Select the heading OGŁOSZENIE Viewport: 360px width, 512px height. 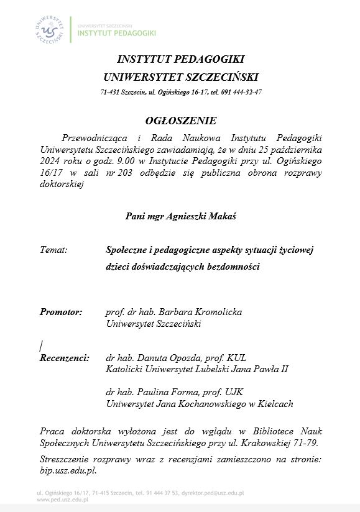click(180, 121)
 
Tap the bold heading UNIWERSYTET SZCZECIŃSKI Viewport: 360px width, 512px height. click(180, 77)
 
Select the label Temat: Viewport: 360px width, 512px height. click(53, 250)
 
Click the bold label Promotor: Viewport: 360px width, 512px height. click(61, 312)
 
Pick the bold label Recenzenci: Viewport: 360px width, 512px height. click(65, 358)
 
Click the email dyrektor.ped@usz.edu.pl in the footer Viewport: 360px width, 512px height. click(212, 493)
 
